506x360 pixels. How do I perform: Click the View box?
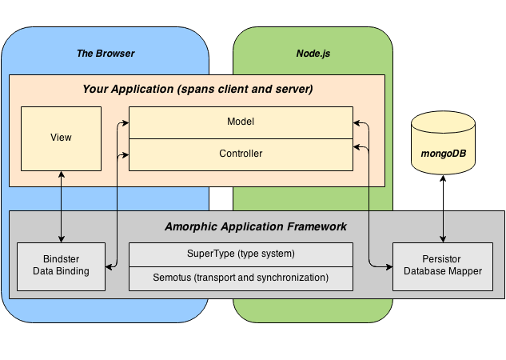click(x=61, y=138)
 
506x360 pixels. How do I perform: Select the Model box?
click(x=241, y=122)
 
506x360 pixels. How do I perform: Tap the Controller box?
click(x=241, y=154)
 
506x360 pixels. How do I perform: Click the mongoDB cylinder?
click(x=443, y=142)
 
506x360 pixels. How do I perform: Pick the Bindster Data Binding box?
click(x=61, y=266)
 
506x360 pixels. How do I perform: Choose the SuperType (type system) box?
click(x=241, y=254)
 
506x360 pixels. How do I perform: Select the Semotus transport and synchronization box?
click(x=241, y=278)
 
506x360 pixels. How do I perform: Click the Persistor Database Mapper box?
click(x=443, y=266)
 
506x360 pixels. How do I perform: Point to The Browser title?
click(x=106, y=54)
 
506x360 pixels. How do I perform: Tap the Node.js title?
click(x=313, y=54)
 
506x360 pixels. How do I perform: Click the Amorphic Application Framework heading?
click(x=256, y=226)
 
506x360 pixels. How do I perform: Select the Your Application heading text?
click(x=197, y=89)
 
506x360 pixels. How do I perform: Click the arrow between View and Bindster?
click(x=62, y=206)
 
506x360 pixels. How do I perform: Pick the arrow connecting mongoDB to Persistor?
click(x=443, y=209)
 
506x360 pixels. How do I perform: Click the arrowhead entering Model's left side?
click(x=126, y=122)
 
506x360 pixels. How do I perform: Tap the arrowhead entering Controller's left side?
click(x=126, y=155)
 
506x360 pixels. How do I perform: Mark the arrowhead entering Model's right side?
click(x=357, y=122)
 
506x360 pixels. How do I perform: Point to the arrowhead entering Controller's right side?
click(x=357, y=147)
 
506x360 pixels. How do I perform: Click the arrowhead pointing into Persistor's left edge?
click(x=389, y=267)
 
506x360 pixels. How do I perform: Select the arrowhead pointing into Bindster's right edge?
click(x=109, y=267)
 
